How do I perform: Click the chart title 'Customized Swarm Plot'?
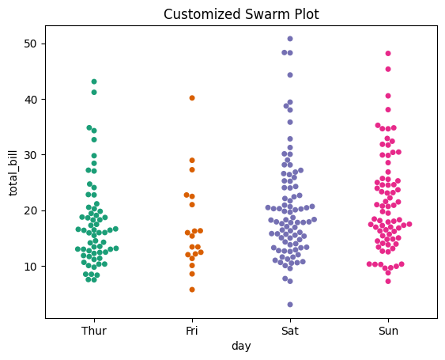click(x=241, y=14)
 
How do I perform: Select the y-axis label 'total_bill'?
click(x=13, y=172)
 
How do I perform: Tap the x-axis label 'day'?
click(x=241, y=347)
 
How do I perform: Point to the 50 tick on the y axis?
click(x=29, y=44)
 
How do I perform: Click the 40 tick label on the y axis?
click(x=29, y=99)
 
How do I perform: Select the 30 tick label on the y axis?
click(x=29, y=155)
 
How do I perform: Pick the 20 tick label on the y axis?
click(x=29, y=210)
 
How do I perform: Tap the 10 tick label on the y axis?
click(x=29, y=266)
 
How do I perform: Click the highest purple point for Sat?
click(x=290, y=39)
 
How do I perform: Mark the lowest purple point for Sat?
click(x=290, y=305)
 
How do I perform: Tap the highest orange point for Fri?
click(x=192, y=98)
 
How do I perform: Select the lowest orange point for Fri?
click(x=192, y=290)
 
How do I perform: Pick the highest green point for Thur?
click(x=94, y=81)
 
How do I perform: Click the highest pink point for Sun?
click(x=388, y=54)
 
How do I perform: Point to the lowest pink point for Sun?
click(x=388, y=281)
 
